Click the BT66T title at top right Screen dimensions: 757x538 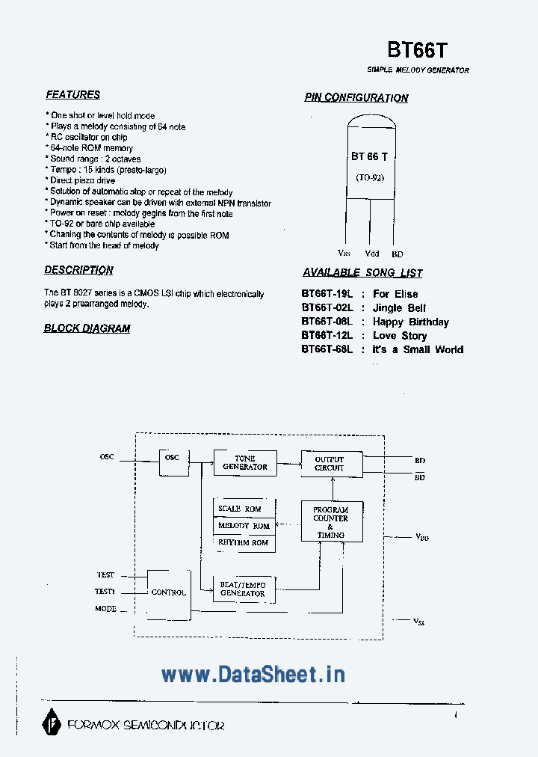point(418,49)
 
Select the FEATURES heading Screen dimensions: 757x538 point(72,95)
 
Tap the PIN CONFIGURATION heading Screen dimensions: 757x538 point(356,98)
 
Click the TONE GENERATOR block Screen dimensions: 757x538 point(245,462)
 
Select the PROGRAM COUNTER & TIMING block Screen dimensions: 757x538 point(332,521)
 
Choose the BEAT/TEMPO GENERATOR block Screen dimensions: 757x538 point(244,589)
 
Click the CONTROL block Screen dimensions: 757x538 point(169,592)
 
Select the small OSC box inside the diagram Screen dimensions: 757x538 point(173,463)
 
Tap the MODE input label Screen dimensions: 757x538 point(105,609)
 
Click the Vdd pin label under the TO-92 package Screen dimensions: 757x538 point(372,254)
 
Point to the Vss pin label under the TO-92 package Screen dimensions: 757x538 point(344,254)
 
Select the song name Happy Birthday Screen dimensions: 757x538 point(411,322)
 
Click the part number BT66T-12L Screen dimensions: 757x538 point(327,336)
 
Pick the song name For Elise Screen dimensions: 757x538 point(395,294)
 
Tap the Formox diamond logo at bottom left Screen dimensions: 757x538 point(52,723)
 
